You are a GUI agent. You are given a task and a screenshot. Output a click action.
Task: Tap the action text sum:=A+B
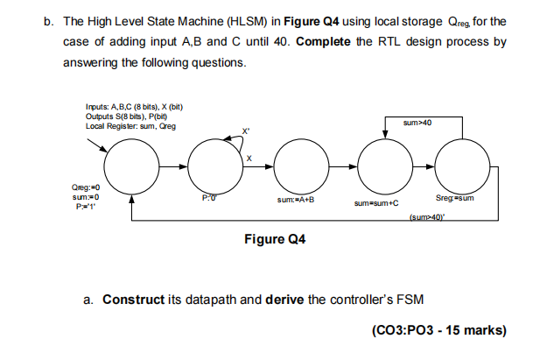298,200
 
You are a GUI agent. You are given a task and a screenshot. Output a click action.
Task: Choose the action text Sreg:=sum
455,199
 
